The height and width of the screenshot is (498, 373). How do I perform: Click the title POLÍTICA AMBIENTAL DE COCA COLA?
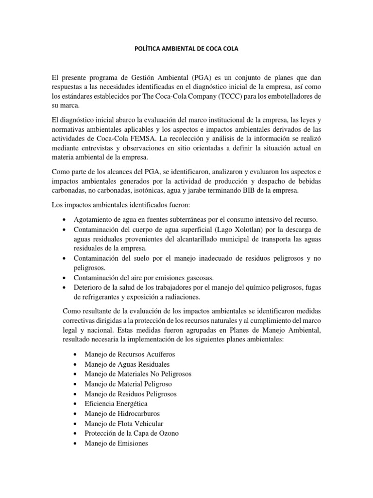(x=186, y=50)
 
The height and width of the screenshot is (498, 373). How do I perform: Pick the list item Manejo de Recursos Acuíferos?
(x=129, y=355)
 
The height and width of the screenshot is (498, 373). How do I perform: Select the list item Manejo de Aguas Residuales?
(x=127, y=364)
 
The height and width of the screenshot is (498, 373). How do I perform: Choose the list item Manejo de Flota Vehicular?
(x=124, y=424)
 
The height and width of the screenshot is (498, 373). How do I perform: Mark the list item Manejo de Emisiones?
(x=116, y=444)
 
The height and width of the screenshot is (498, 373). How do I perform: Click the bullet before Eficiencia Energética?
(x=73, y=404)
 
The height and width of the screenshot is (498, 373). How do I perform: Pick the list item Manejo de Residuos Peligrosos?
(x=130, y=394)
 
